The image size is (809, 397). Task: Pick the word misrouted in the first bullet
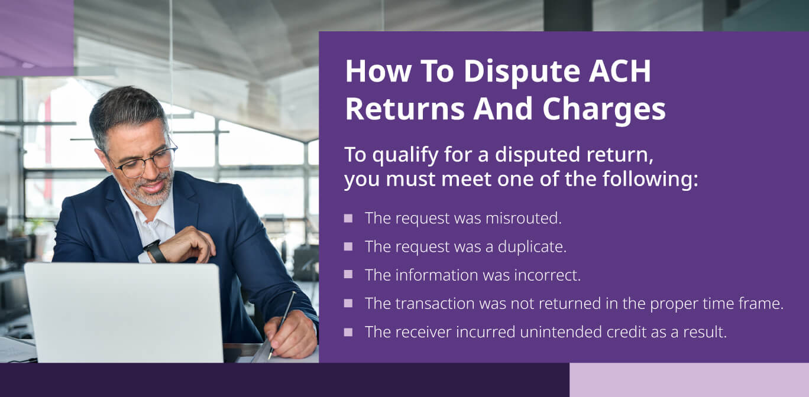click(523, 218)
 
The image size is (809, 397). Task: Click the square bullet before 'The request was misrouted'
click(348, 218)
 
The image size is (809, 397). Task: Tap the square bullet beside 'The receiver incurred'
click(348, 331)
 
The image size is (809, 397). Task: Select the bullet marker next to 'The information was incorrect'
click(348, 275)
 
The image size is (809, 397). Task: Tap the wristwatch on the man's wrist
click(156, 250)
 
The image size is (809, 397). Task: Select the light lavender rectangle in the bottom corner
click(689, 379)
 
